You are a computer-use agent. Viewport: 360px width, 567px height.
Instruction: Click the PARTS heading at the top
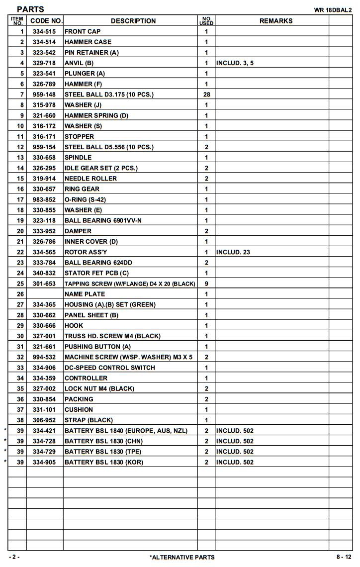pos(30,9)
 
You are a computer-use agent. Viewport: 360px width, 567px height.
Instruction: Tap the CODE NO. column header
pos(46,21)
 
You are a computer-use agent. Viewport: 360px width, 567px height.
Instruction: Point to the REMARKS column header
pos(276,21)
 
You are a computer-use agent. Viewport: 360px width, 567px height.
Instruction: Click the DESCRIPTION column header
pos(133,21)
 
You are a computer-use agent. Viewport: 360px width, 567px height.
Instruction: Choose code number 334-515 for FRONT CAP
pos(44,31)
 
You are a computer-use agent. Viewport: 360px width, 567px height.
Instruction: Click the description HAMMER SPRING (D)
pos(96,115)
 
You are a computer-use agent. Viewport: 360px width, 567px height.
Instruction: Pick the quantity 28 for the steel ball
pos(206,94)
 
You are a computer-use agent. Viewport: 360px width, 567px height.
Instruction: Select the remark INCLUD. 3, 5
pos(235,63)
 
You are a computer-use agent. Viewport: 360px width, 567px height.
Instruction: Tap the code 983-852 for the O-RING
pos(44,199)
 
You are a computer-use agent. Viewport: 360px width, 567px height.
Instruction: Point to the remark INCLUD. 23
pos(233,252)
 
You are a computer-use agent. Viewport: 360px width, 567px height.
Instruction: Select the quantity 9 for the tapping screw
pos(206,283)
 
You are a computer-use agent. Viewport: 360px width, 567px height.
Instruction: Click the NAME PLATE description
pos(85,294)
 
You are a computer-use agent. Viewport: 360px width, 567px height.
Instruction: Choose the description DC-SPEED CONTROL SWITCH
pos(109,368)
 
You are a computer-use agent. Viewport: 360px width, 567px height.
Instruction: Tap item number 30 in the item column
pos(20,336)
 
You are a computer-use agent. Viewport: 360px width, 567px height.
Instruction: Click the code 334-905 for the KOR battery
pos(44,462)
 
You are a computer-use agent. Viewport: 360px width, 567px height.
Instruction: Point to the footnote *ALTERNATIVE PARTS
pos(182,557)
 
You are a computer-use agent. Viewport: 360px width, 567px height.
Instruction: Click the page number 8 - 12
pos(344,557)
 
